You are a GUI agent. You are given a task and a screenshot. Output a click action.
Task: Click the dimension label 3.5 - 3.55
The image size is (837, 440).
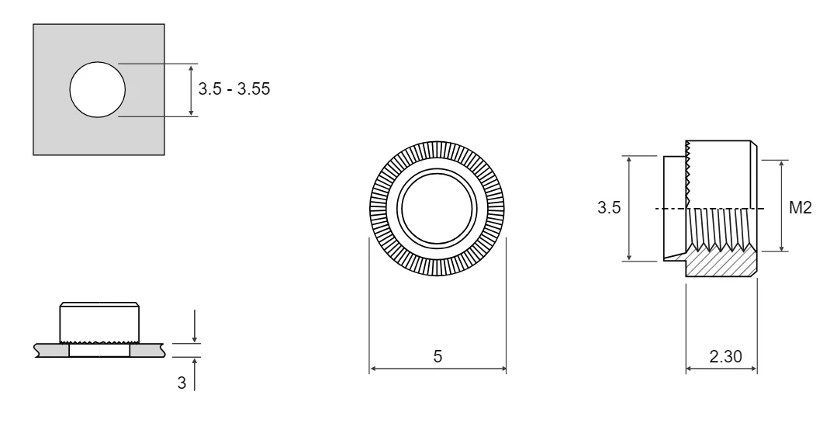[x=233, y=88]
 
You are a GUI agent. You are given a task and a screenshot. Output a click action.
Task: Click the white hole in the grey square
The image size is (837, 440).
[x=97, y=90]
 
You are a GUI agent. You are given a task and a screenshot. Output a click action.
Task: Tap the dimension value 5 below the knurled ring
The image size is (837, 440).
[x=438, y=356]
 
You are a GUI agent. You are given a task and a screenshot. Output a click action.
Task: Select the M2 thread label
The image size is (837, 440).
[x=801, y=208]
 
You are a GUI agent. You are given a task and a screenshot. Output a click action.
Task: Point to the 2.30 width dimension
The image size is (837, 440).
[x=725, y=356]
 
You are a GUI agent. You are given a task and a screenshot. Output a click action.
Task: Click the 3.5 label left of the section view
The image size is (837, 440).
[x=609, y=208]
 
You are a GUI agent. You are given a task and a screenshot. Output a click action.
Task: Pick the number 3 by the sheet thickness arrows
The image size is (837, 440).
[x=182, y=383]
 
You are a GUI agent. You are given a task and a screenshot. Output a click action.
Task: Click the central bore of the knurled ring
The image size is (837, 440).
[x=438, y=209]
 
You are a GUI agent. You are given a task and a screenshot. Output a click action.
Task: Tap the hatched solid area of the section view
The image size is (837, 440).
[x=721, y=263]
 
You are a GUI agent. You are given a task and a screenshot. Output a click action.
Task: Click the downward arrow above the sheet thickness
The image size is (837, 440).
[x=194, y=326]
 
